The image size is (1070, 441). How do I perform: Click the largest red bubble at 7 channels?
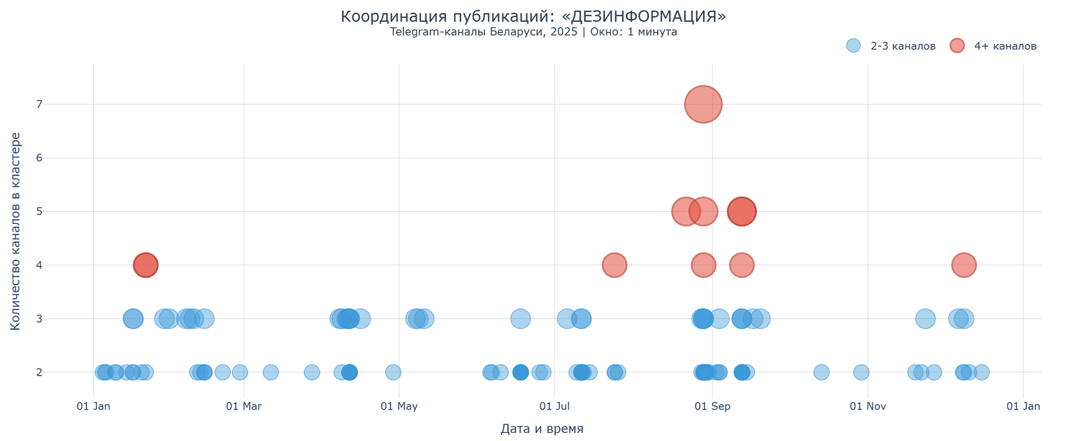pos(703,104)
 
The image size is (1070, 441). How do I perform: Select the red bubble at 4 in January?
pos(145,265)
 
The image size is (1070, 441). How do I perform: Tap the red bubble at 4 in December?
pos(963,265)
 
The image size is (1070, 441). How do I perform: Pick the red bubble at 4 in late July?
pos(614,265)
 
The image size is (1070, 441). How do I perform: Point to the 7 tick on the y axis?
pos(39,104)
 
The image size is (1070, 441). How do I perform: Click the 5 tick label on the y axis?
pos(39,212)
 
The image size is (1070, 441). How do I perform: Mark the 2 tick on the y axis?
pos(39,372)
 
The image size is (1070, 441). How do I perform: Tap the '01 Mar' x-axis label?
pos(243,406)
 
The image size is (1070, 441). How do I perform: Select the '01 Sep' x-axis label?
pos(712,406)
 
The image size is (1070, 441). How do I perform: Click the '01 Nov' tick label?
pos(867,406)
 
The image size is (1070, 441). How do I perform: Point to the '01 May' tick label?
pos(399,406)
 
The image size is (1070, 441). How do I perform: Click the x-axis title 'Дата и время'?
pos(542,429)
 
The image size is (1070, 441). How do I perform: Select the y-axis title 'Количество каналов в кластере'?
pos(15,231)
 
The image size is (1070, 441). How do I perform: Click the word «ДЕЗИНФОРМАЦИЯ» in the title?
pos(646,17)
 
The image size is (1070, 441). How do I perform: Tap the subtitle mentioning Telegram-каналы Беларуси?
pos(533,32)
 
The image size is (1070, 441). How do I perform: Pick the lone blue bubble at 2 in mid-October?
pos(821,372)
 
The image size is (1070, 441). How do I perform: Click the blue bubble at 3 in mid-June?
pos(520,319)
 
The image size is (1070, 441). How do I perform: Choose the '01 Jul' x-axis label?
pos(555,406)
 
